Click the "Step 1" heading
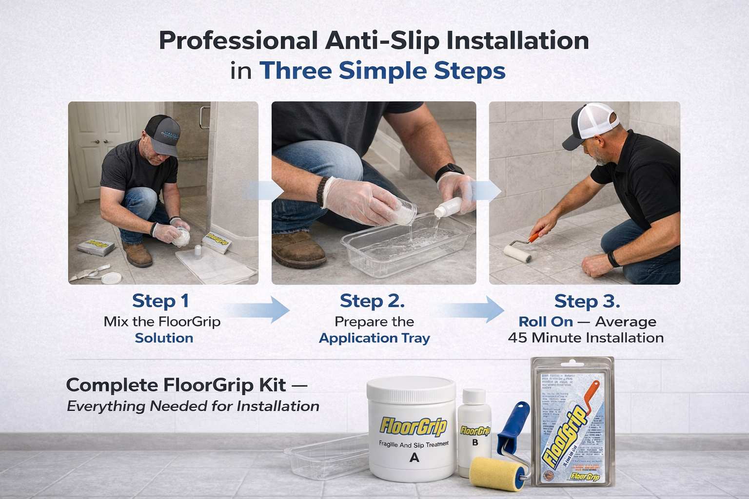(160, 301)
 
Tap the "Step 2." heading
(372, 301)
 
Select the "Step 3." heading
(587, 301)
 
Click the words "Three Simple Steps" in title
(382, 71)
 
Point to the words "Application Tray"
(374, 338)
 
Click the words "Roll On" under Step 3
(545, 322)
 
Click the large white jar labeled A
(413, 429)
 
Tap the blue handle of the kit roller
(512, 424)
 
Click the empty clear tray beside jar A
(326, 456)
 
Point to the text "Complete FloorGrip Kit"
(176, 385)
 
